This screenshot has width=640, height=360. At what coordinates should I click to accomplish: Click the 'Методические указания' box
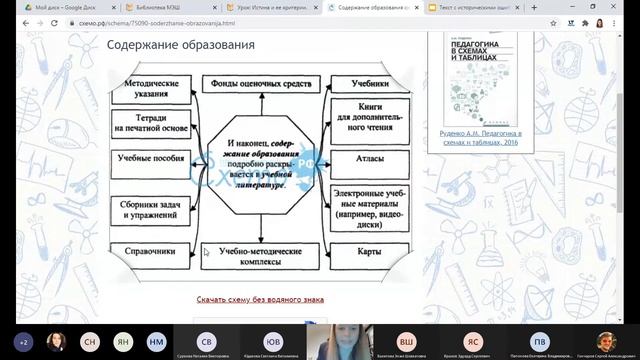(x=152, y=90)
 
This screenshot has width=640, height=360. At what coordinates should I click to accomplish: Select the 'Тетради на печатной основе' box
(x=152, y=122)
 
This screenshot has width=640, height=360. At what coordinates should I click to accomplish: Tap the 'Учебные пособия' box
(x=152, y=158)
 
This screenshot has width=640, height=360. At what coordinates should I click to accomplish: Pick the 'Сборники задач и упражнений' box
(x=152, y=208)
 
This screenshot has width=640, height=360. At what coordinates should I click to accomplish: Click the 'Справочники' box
(x=152, y=252)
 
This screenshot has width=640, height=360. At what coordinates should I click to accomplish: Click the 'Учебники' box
(x=370, y=85)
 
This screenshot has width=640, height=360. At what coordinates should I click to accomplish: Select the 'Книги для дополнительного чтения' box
(x=370, y=118)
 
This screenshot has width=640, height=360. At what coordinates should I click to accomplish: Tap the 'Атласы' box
(x=370, y=158)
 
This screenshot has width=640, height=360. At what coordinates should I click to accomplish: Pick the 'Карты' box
(x=370, y=252)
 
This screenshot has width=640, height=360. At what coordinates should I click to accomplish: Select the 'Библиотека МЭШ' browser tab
(x=160, y=7)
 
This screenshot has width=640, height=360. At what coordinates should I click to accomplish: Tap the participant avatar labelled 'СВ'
(x=207, y=340)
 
